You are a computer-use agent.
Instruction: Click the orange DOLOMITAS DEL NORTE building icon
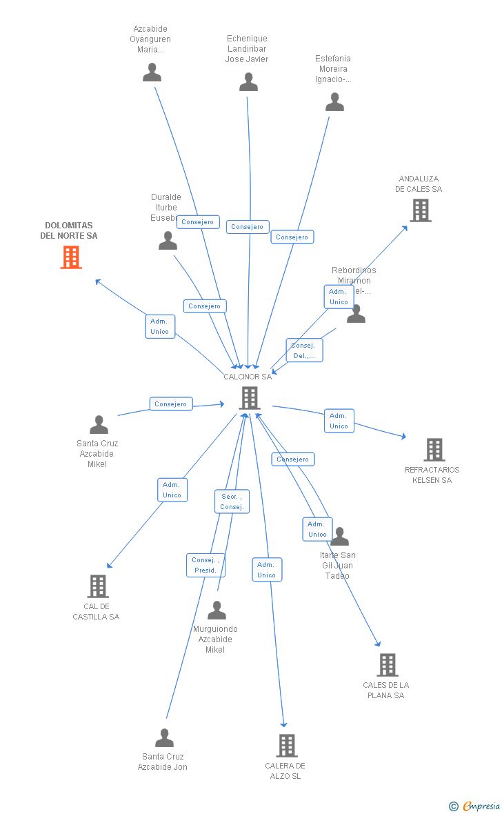tap(71, 257)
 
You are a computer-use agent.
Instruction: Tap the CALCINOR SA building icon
tap(249, 398)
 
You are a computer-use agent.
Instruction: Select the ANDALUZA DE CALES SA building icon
tap(420, 210)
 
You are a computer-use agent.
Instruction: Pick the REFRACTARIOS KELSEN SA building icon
tap(434, 450)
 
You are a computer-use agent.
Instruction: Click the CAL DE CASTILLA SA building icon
tap(98, 586)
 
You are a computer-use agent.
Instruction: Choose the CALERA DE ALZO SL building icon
tap(287, 746)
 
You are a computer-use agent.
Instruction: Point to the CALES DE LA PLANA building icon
tap(387, 665)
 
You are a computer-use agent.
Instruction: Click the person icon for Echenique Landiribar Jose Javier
tap(248, 82)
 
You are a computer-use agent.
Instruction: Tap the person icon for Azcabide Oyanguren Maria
tap(152, 72)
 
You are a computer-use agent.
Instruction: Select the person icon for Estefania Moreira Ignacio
tap(334, 102)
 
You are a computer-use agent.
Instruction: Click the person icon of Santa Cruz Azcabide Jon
tap(164, 738)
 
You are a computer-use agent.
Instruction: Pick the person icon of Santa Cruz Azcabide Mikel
tap(99, 425)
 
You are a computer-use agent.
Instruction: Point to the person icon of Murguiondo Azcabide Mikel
tap(217, 610)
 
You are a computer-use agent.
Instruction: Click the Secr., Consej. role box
tap(232, 502)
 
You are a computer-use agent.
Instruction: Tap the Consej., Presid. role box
tap(205, 565)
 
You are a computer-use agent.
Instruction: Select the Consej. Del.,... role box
tap(304, 350)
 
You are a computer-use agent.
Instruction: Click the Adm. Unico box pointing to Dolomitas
tap(160, 326)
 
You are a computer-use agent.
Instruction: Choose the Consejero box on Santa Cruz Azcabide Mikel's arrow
tap(171, 404)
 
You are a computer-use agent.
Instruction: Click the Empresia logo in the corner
tap(475, 806)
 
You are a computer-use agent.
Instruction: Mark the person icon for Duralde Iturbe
tap(168, 241)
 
